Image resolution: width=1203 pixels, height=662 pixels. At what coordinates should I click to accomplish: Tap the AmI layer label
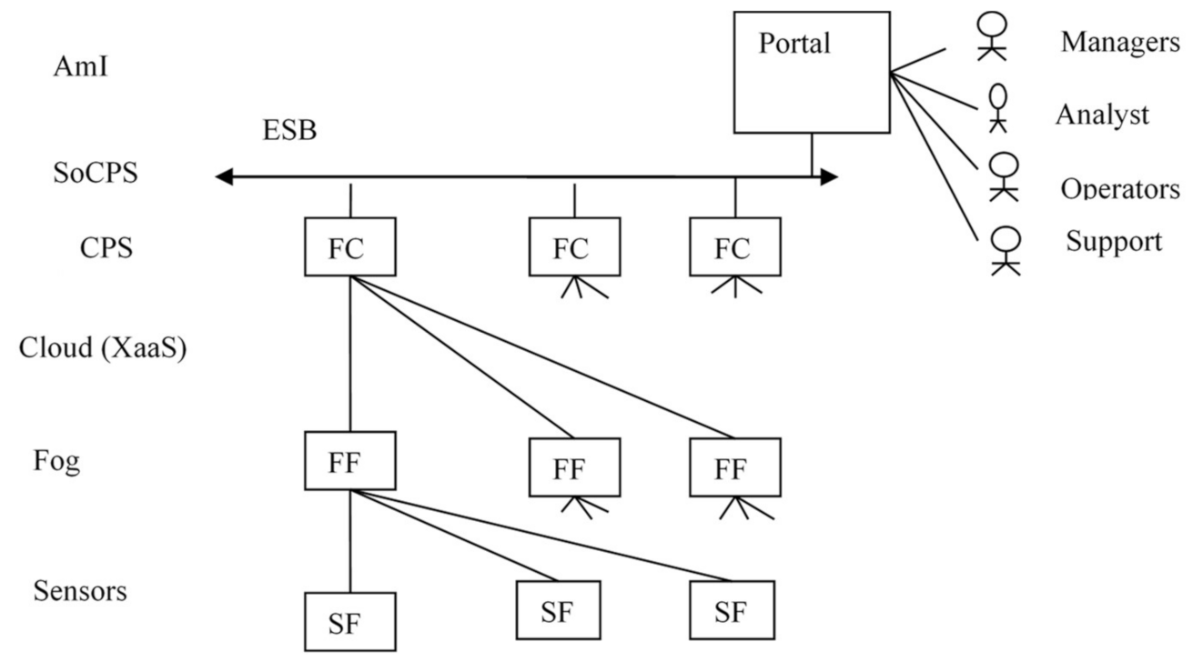[x=80, y=66]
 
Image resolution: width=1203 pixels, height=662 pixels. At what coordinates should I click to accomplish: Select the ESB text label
[x=289, y=131]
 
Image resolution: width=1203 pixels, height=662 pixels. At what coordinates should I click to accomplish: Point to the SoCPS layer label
[x=96, y=173]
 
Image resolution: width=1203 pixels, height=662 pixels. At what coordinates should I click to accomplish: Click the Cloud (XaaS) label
[x=103, y=348]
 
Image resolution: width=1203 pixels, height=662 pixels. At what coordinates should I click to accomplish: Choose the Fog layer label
[x=56, y=461]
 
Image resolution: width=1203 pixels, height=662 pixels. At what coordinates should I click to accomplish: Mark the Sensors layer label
[x=80, y=591]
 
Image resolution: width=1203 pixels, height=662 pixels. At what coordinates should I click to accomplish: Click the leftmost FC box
[x=349, y=246]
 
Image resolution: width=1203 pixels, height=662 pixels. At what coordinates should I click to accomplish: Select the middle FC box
[x=574, y=246]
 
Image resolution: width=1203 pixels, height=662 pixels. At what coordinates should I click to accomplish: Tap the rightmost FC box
[x=734, y=246]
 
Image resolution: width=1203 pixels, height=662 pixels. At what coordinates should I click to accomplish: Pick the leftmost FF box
[x=349, y=460]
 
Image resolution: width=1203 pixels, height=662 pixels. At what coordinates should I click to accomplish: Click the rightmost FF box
[x=734, y=467]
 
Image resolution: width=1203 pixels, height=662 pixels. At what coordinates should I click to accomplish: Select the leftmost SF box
[x=349, y=622]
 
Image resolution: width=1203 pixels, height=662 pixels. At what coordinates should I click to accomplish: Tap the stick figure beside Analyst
[x=998, y=107]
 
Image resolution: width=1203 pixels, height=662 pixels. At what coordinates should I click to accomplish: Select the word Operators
[x=1119, y=189]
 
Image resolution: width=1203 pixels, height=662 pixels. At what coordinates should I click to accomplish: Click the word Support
[x=1114, y=242]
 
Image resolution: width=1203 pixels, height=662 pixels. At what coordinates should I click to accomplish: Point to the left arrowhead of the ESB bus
[x=224, y=177]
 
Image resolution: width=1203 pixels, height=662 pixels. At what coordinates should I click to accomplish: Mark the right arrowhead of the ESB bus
[x=828, y=177]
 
